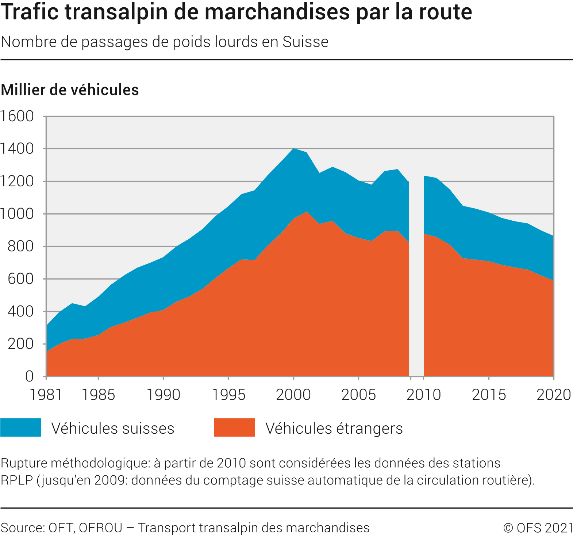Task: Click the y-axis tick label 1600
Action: point(17,117)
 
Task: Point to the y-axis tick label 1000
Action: point(17,214)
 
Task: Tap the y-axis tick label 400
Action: point(21,312)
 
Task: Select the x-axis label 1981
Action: point(46,395)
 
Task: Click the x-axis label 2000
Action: point(293,395)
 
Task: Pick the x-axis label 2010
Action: point(424,395)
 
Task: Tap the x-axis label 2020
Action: point(554,395)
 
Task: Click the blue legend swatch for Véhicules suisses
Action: point(21,427)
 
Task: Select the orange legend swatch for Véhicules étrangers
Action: point(234,427)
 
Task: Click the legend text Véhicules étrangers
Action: point(334,428)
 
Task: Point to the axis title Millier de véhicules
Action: point(70,90)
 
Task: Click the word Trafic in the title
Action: point(30,12)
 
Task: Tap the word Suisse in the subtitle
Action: point(305,42)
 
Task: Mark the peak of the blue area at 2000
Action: point(293,149)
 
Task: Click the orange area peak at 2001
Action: point(307,212)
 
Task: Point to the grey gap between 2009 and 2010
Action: point(416,278)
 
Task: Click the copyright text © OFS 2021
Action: point(538,528)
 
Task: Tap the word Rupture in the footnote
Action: point(24,463)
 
